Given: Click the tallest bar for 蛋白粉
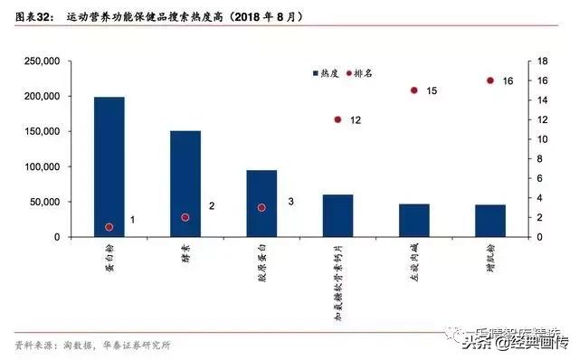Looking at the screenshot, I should click(109, 166).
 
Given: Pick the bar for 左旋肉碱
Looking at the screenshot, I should click(414, 221).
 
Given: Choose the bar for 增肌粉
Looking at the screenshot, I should click(490, 221).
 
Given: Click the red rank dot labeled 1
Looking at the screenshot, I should click(109, 227).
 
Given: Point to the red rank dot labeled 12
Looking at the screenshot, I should click(337, 119).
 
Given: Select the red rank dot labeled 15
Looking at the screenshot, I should click(413, 90).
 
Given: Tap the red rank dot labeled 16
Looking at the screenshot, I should click(490, 81).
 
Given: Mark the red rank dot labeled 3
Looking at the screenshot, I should click(261, 207).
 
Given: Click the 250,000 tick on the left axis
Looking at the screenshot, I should click(41, 62).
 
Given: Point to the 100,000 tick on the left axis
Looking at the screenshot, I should click(41, 167).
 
